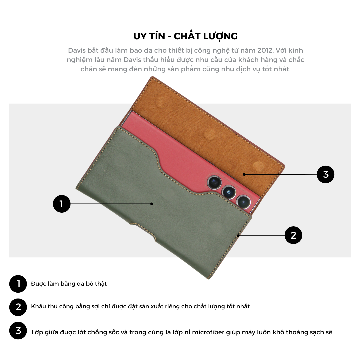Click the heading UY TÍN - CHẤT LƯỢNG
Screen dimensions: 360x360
click(x=186, y=36)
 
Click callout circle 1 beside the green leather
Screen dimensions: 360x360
click(x=62, y=204)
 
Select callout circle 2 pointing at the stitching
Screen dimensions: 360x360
click(x=293, y=235)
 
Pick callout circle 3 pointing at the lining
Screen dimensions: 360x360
click(x=326, y=174)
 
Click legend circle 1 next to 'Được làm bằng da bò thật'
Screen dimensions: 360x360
click(x=18, y=284)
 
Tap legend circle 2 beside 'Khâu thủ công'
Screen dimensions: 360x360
click(x=18, y=307)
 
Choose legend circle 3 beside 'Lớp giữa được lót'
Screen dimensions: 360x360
click(x=18, y=331)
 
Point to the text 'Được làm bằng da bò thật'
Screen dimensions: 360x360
click(x=69, y=284)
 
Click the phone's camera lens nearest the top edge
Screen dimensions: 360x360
click(x=214, y=182)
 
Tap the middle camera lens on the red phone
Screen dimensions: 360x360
click(x=229, y=192)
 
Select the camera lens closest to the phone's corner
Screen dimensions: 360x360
click(x=243, y=202)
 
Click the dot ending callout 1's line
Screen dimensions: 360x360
click(x=152, y=204)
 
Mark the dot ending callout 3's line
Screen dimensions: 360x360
click(x=244, y=174)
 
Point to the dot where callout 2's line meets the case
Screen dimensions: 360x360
click(x=238, y=236)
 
